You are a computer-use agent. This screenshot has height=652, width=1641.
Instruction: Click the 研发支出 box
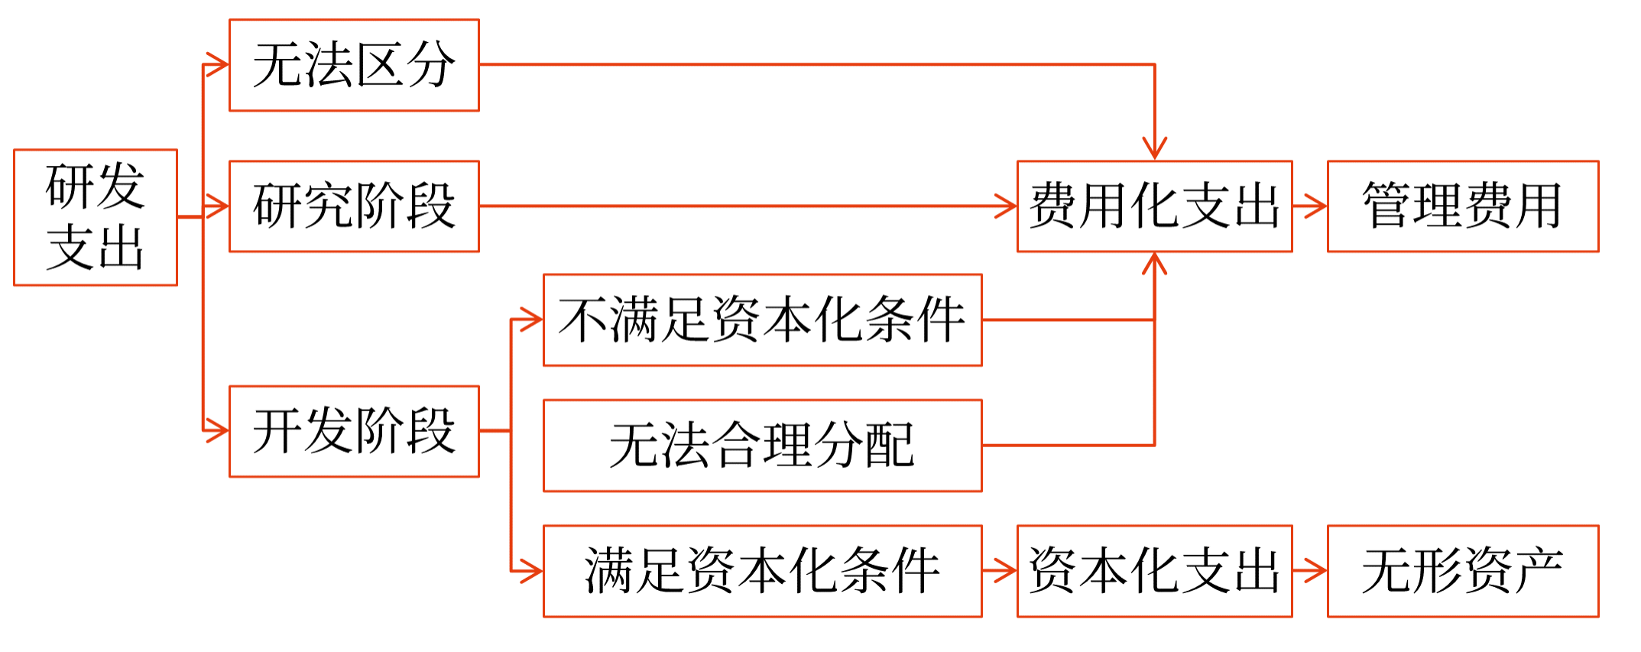(x=96, y=217)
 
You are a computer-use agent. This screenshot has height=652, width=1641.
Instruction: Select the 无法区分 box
(x=354, y=65)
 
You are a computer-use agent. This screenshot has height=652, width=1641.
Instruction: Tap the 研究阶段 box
(x=354, y=206)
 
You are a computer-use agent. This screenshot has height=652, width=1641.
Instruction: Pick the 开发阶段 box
(x=354, y=431)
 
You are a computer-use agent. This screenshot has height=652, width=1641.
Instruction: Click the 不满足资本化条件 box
(x=762, y=320)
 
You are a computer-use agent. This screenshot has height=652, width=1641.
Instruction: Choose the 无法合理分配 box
(x=762, y=445)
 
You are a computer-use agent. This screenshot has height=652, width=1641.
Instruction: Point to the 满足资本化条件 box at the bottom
(x=762, y=570)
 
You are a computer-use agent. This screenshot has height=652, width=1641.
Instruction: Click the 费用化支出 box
(x=1154, y=206)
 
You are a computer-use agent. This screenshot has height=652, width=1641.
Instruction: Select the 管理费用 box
(x=1462, y=206)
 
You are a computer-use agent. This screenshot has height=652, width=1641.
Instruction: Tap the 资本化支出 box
(x=1154, y=570)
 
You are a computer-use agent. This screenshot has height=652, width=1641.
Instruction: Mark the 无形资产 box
(x=1462, y=570)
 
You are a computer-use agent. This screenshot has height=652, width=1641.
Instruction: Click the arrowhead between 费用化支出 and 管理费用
(x=1316, y=206)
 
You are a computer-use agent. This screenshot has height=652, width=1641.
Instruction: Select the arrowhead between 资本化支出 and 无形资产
(x=1316, y=570)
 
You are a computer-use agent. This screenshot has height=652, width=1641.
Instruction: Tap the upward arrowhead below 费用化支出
(x=1154, y=264)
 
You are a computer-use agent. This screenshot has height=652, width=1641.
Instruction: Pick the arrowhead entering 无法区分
(x=219, y=65)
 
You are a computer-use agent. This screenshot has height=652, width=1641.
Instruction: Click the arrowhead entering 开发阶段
(x=219, y=431)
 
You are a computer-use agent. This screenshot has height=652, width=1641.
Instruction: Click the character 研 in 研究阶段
(x=277, y=206)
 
